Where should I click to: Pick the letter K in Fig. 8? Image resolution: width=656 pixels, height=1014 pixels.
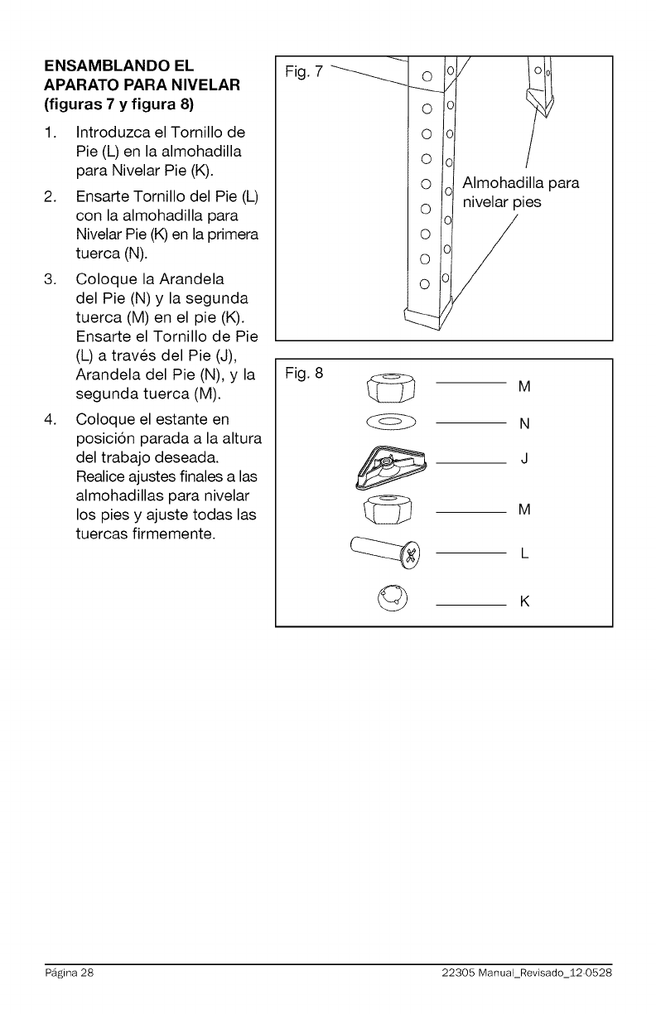[524, 601]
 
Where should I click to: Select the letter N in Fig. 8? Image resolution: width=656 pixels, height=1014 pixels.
[524, 425]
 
